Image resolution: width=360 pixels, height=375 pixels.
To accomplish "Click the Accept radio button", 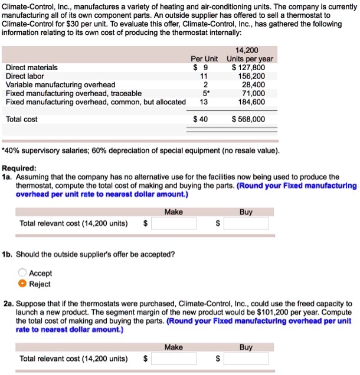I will [22, 273].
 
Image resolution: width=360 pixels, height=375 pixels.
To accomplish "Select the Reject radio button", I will [22, 284].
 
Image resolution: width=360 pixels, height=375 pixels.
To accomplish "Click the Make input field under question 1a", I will [173, 223].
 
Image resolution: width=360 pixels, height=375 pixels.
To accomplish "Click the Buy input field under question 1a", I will [246, 223].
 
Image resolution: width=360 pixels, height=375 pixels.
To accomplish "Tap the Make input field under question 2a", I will [173, 358].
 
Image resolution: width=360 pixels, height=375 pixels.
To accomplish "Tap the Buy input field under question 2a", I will [246, 358].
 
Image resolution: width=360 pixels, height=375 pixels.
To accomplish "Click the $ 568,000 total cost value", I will [248, 119].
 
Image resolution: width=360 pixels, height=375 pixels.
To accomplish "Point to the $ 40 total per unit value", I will [201, 119].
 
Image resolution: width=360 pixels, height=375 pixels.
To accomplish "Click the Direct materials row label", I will [32, 67].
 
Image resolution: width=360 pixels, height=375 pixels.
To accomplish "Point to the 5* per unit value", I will [204, 93].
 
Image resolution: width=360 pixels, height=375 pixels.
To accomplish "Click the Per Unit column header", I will [204, 59].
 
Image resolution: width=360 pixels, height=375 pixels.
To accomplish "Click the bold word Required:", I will [19, 167].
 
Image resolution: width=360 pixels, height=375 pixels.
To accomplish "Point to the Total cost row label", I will [22, 119].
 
